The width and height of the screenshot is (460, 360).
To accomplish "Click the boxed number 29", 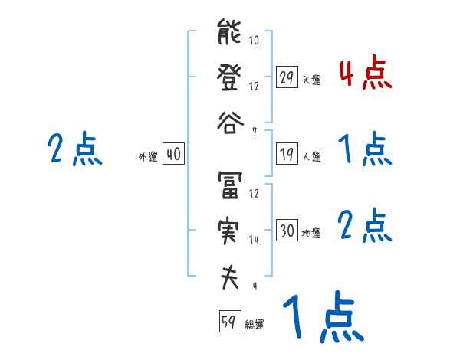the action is click(287, 77).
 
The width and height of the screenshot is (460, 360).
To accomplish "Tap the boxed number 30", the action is click(287, 231).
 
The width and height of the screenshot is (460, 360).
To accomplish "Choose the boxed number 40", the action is click(173, 155).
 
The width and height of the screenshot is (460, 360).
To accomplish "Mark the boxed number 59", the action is click(229, 322).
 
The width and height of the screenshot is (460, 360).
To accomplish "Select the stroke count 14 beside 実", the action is click(255, 239).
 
